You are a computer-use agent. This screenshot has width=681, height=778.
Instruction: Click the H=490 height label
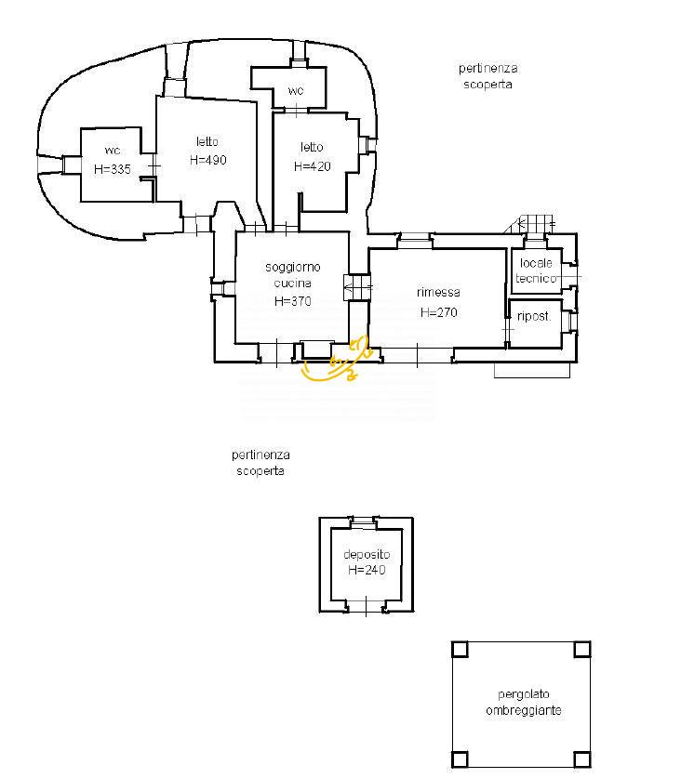[x=208, y=160]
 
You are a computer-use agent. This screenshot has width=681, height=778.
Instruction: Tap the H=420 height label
[x=313, y=166]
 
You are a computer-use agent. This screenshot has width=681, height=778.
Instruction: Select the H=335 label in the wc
[x=113, y=169]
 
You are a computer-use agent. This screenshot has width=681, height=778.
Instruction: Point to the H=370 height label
[x=293, y=301]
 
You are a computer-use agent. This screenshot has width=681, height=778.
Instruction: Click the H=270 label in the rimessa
[x=438, y=312]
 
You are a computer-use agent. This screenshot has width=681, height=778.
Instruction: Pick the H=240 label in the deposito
[x=367, y=570]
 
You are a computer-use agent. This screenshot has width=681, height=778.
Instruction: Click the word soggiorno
[x=293, y=268]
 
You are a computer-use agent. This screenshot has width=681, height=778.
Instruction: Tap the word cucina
[x=292, y=283]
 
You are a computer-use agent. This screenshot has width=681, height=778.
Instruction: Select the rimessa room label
[x=438, y=292]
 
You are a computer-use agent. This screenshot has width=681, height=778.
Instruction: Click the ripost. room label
[x=534, y=316]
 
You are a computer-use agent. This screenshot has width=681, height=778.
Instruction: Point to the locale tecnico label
[x=536, y=270]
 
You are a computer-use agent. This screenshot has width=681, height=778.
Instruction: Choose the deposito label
[x=367, y=554]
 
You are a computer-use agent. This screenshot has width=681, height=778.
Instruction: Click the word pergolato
[x=524, y=694]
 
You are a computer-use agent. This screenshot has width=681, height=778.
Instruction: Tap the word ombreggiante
[x=524, y=710]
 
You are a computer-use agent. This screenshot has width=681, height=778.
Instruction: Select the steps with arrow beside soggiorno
[x=357, y=287]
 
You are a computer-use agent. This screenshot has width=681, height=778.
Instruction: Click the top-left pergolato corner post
[x=460, y=650]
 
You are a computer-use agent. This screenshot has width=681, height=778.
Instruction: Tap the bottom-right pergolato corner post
[x=582, y=759]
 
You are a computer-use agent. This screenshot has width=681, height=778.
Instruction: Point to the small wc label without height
[x=296, y=91]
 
